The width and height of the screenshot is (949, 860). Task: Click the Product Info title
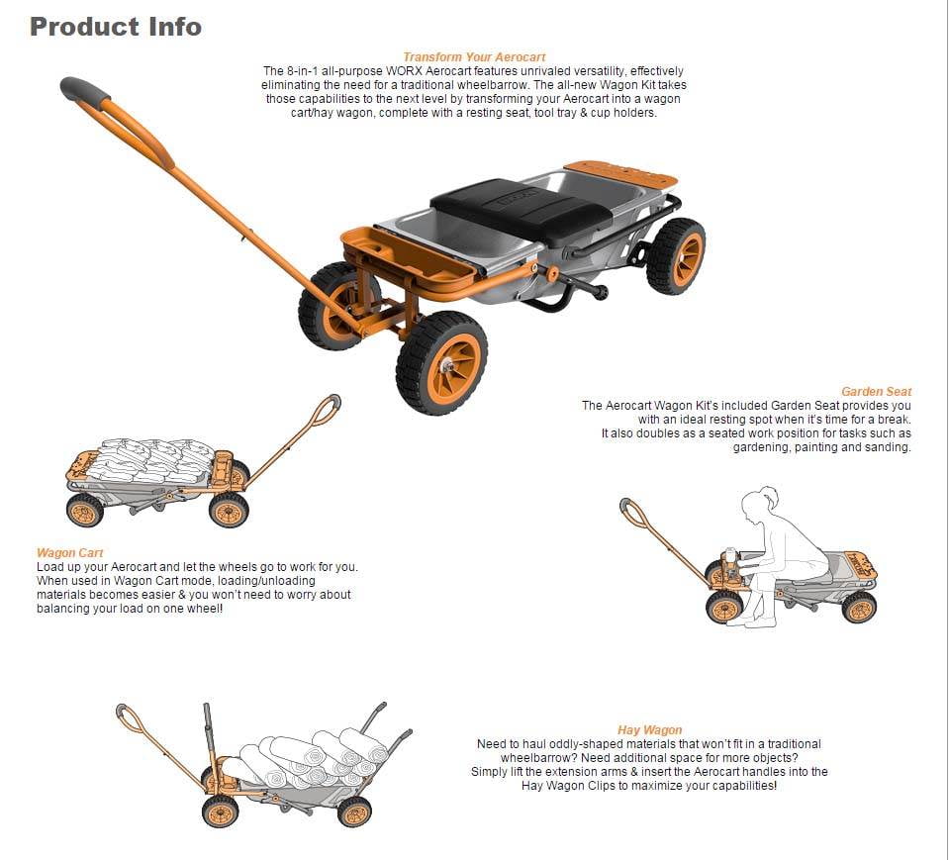tap(116, 27)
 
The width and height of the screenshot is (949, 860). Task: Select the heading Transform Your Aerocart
tap(474, 57)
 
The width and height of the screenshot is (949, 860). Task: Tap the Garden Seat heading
tap(876, 392)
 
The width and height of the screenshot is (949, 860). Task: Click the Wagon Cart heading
tap(70, 553)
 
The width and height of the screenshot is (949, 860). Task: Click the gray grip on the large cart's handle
tap(85, 90)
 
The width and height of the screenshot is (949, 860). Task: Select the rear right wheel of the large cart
tap(676, 256)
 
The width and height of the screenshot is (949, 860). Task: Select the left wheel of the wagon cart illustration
tap(84, 512)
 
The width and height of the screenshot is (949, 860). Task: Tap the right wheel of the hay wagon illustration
tap(354, 811)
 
